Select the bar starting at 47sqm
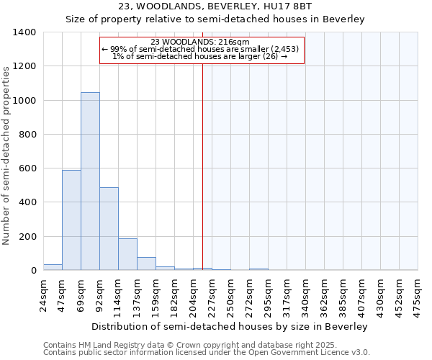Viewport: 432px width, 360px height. coord(71,220)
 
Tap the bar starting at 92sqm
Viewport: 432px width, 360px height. coord(109,228)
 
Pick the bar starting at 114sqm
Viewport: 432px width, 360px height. coord(127,254)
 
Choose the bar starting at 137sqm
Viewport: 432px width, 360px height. coord(146,264)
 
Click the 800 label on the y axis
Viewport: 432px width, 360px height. coord(27,135)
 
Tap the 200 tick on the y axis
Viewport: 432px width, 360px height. coord(27,237)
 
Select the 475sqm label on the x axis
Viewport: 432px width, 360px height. coord(418,296)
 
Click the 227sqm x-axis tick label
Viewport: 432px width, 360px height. coord(212,296)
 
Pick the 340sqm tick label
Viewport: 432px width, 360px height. coord(305,296)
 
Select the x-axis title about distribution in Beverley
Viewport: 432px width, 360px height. coord(230,327)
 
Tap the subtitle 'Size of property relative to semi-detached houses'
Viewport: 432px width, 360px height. coord(215,19)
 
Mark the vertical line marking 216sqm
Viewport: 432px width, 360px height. coord(202,166)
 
